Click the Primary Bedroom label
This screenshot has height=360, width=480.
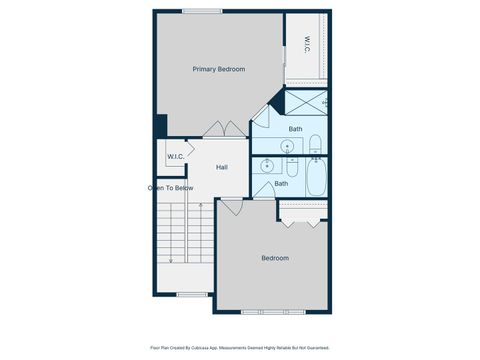click(x=219, y=69)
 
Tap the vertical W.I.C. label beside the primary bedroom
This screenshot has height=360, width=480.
click(x=307, y=44)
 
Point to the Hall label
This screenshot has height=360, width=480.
click(x=222, y=167)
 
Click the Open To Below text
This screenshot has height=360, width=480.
click(x=169, y=187)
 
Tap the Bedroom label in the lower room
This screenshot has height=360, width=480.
click(x=275, y=258)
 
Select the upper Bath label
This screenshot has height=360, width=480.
click(x=296, y=129)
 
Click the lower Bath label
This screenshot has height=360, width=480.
click(x=282, y=183)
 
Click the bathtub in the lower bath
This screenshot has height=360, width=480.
click(x=316, y=179)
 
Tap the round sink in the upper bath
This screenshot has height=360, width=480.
click(x=289, y=146)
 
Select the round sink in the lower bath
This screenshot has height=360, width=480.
click(x=267, y=166)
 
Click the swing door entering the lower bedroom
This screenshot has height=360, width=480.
click(x=231, y=206)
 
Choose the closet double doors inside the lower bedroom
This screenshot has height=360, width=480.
click(x=303, y=211)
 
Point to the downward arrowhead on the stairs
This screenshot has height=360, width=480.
click(x=171, y=261)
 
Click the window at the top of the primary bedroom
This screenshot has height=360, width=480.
click(x=202, y=12)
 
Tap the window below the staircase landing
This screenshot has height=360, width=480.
click(x=192, y=295)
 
